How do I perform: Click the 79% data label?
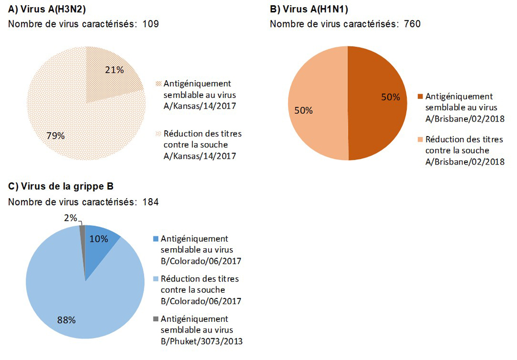(55, 136)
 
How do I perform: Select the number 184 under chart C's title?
(150, 202)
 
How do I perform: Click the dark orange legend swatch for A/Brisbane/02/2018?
(420, 97)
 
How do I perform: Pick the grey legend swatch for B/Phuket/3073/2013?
(156, 319)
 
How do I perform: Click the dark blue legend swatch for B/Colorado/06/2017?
(156, 239)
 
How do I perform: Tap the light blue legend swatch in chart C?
(156, 279)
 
